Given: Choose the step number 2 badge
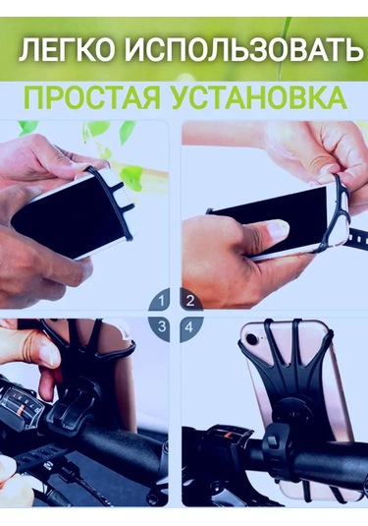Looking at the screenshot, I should tap(189, 300).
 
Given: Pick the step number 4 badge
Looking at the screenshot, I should tap(189, 325).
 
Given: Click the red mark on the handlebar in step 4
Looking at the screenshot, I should tap(220, 432).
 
